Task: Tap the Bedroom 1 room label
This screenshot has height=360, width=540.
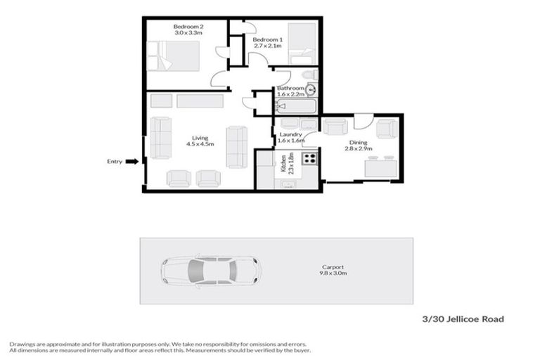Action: tap(267, 39)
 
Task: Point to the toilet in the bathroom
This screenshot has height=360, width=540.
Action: tap(307, 76)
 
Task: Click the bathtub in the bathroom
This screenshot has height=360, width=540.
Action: tap(296, 107)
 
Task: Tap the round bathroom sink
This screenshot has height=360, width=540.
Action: tap(310, 90)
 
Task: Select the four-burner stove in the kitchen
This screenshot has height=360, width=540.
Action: tap(309, 157)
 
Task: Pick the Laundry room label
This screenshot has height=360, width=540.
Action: tap(290, 134)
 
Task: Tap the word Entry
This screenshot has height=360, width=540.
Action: tap(115, 161)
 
